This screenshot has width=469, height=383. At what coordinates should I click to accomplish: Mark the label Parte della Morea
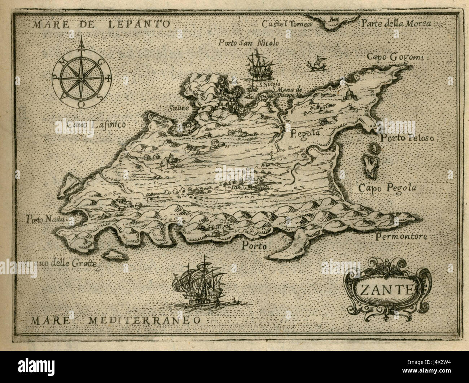coord(396,24)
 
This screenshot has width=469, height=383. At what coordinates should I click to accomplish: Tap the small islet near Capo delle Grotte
coord(113,255)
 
